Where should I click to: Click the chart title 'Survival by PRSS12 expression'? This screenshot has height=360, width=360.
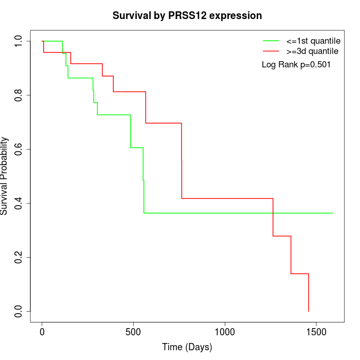tap(187, 16)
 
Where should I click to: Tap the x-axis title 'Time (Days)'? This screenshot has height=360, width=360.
tap(187, 347)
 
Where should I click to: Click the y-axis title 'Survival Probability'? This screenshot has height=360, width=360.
tap(5, 176)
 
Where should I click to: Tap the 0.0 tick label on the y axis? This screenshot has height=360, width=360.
tap(19, 311)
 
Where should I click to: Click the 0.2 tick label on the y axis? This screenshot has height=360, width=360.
tap(19, 257)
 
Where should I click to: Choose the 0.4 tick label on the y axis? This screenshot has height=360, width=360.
tap(19, 203)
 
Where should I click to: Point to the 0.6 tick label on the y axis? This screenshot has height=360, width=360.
tap(19, 149)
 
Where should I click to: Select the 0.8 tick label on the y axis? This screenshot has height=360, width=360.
tap(19, 95)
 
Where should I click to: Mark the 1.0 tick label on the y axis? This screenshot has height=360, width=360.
tap(19, 41)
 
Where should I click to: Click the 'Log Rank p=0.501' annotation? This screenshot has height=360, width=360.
tap(296, 65)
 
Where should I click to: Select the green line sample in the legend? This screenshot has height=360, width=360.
tap(271, 41)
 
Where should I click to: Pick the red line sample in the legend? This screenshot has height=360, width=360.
tap(271, 51)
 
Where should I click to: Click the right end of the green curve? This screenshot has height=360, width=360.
tap(333, 213)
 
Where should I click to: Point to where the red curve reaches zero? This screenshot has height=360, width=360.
tap(309, 311)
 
